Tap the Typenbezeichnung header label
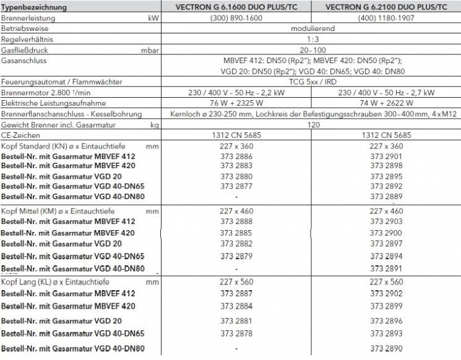(x=34, y=7)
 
